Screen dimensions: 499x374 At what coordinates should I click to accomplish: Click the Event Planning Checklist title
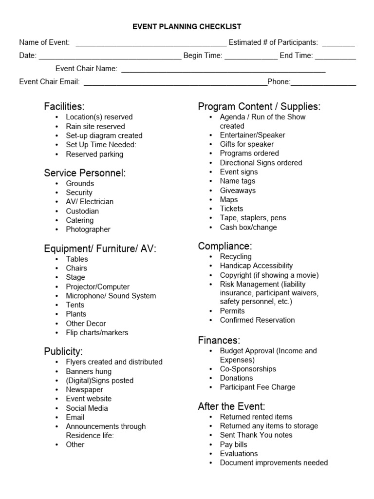[187, 27]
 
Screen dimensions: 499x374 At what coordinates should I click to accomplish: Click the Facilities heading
[64, 106]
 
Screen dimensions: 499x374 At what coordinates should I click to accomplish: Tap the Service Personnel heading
[85, 173]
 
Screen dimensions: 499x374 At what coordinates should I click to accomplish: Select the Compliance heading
[225, 246]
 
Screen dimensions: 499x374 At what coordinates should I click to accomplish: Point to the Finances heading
[219, 340]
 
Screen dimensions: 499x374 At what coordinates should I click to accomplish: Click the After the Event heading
[231, 406]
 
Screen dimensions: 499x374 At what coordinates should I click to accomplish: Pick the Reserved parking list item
[94, 154]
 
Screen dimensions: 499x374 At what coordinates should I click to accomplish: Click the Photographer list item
[88, 229]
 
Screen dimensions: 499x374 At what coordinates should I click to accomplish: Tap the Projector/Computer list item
[97, 287]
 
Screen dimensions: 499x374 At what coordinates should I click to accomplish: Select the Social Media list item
[87, 408]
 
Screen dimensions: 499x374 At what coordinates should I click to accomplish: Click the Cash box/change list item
[248, 227]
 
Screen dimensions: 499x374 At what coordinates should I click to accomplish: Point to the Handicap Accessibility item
[256, 266]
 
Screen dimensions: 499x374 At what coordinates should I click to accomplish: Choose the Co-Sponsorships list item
[248, 369]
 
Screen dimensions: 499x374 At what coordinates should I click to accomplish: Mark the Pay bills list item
[233, 444]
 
